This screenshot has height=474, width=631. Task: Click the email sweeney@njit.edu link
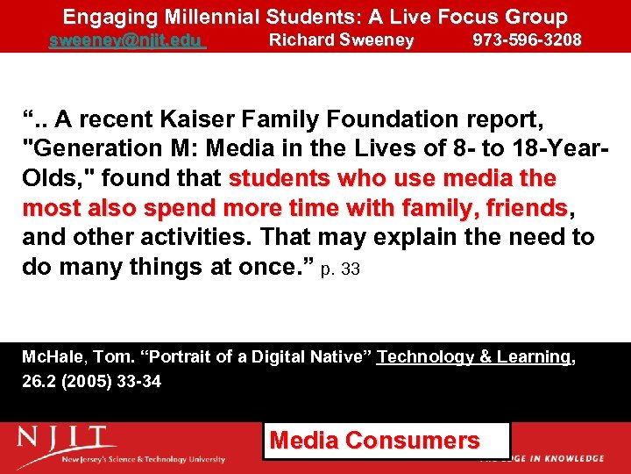[x=126, y=40]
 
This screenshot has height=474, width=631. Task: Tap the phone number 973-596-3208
[x=527, y=40]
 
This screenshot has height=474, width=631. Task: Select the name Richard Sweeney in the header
[x=341, y=40]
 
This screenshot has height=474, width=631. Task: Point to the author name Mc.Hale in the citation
[x=52, y=357]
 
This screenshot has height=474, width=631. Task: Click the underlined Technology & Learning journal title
[x=473, y=357]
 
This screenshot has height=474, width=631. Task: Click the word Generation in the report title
[x=89, y=148]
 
